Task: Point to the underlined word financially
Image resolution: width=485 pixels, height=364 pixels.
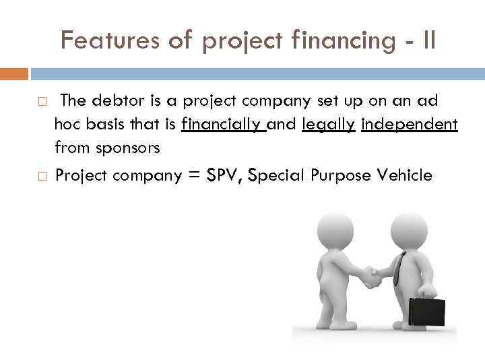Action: pyautogui.click(x=224, y=124)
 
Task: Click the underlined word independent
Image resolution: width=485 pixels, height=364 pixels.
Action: pyautogui.click(x=410, y=124)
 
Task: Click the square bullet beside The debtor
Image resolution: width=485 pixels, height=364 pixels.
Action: pyautogui.click(x=42, y=102)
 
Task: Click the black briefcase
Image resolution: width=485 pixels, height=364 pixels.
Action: pyautogui.click(x=427, y=311)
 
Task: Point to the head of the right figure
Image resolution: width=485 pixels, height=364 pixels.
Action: pyautogui.click(x=408, y=230)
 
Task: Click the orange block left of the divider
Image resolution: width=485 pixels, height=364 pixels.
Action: pyautogui.click(x=14, y=73)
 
